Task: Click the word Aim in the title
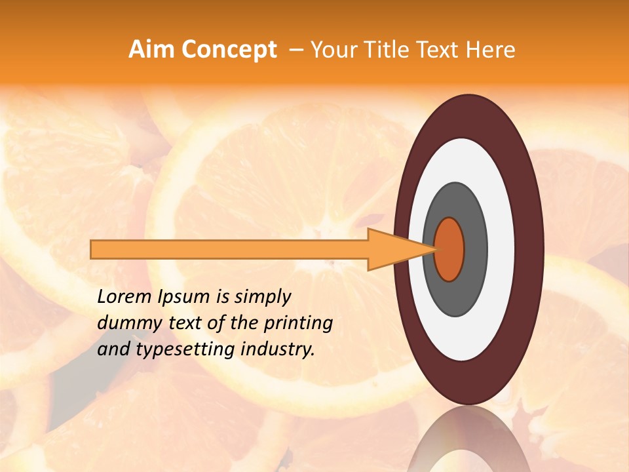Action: (151, 50)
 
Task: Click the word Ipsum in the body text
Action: (183, 298)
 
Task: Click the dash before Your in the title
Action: (295, 50)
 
